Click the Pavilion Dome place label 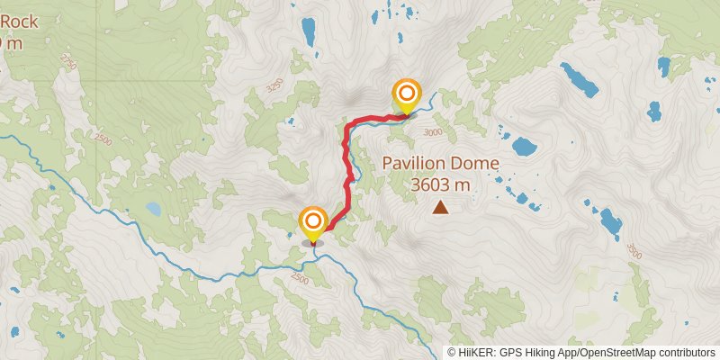[x=440, y=164]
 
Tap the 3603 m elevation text [x=440, y=185]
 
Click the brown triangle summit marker [x=440, y=208]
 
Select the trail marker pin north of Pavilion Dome [x=407, y=94]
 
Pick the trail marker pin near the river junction [x=313, y=223]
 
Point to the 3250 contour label [x=274, y=86]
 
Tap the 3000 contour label [x=433, y=132]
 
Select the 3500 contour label [x=634, y=249]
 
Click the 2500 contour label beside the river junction [x=299, y=281]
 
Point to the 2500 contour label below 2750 [x=103, y=139]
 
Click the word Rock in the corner [x=20, y=21]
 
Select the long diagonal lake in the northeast [x=580, y=79]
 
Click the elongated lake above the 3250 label [x=310, y=33]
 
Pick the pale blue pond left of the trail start [x=154, y=210]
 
